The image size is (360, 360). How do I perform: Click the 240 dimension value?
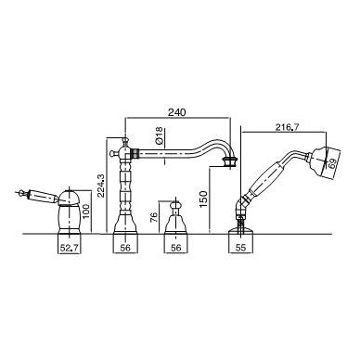177,112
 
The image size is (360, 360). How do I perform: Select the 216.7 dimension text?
287,127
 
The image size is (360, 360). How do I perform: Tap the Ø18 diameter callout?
159,136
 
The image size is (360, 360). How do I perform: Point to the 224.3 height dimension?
101,186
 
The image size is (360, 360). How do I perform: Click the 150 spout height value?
203,199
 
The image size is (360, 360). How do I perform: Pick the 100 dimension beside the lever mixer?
86,211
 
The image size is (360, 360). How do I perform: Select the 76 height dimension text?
154,217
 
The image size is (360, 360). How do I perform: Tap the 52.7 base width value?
70,248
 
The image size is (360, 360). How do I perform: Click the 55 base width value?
240,248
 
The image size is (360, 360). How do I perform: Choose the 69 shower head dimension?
332,164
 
